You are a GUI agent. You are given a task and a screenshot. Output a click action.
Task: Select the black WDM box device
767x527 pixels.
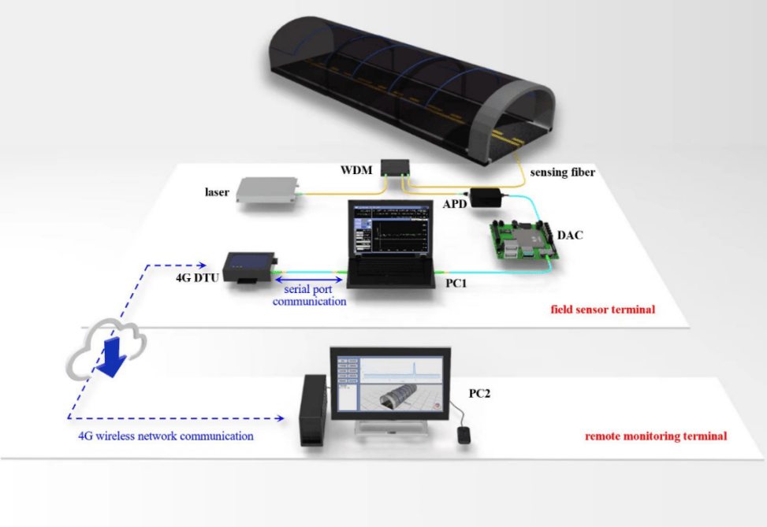pos(394,168)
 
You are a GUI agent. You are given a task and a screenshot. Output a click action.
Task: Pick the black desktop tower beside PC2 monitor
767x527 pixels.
pos(315,410)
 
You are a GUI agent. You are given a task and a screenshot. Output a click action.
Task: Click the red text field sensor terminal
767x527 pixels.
pos(602,310)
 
